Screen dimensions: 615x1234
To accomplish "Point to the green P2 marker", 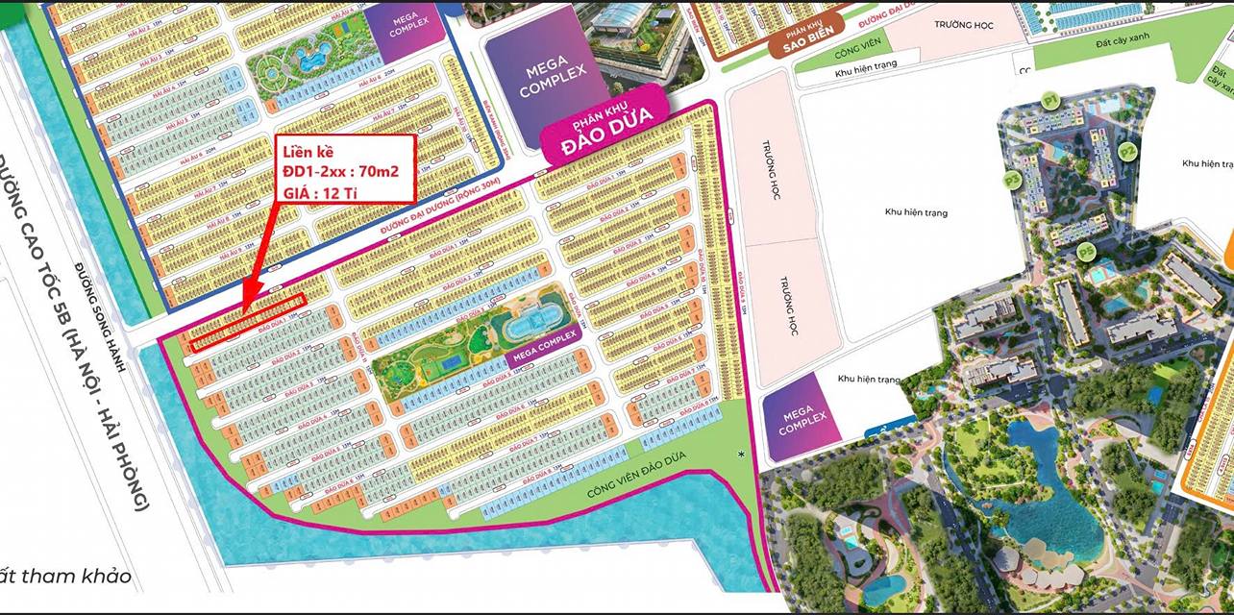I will coord(1127,151).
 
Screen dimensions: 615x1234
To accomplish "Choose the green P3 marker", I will coord(1011,179).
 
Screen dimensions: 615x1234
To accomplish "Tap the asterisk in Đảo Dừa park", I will coord(741,453).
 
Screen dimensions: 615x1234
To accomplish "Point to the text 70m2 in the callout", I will coord(377,171).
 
